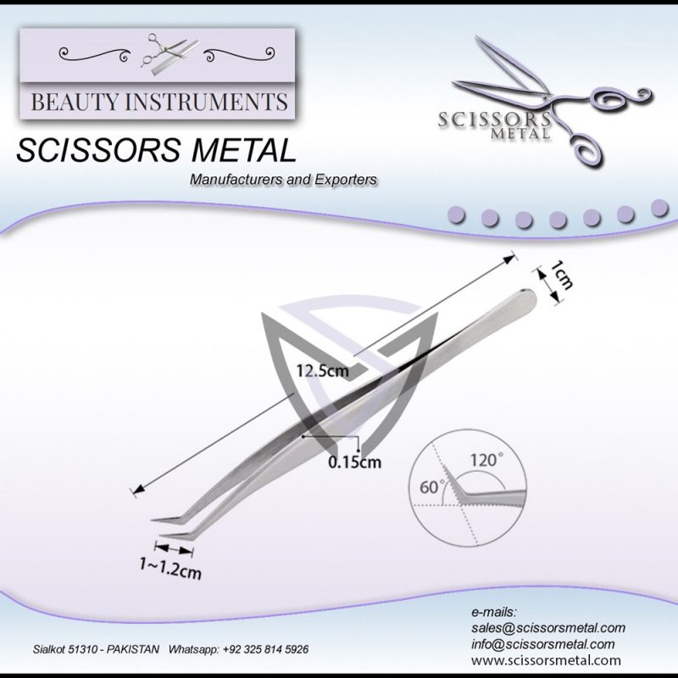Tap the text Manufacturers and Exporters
[284, 181]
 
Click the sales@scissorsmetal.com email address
[547, 628]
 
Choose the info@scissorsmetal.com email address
[542, 644]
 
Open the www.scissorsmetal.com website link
[546, 660]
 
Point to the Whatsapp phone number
[240, 649]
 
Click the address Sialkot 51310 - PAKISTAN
[95, 649]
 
